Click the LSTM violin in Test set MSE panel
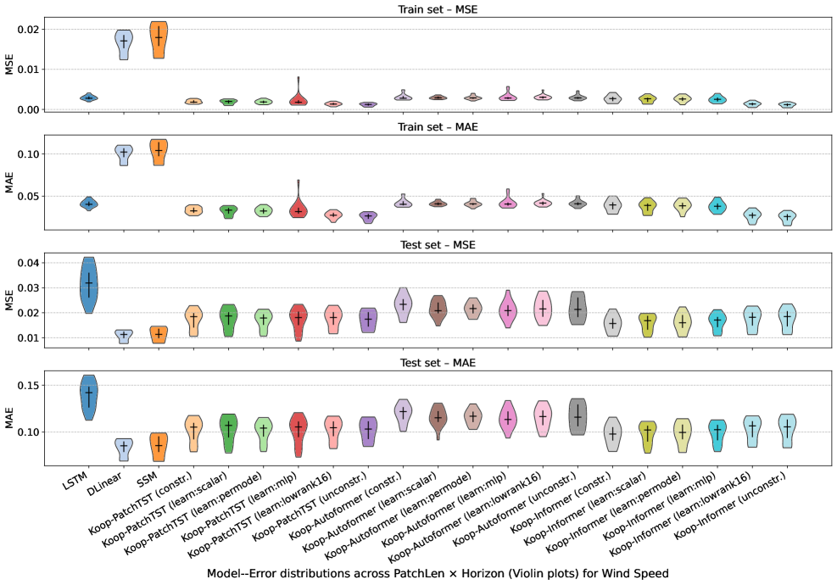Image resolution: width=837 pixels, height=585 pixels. click(88, 285)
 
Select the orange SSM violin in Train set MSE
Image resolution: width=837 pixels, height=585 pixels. click(159, 40)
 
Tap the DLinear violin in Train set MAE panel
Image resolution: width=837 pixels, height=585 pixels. click(124, 153)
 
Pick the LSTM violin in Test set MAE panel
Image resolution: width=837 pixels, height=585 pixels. click(88, 397)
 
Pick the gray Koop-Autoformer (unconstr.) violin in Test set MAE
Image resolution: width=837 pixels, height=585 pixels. click(578, 417)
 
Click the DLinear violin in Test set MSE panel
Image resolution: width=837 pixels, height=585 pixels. click(124, 336)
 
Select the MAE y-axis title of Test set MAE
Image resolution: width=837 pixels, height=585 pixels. click(10, 417)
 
